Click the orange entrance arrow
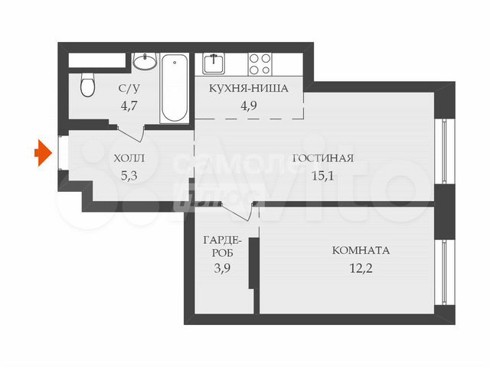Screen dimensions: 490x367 point(43,153)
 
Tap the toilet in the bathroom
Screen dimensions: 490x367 point(87,84)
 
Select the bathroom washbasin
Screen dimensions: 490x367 point(145,61)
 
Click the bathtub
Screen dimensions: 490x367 point(175,88)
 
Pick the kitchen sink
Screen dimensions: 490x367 point(214,63)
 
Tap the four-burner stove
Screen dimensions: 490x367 point(260,64)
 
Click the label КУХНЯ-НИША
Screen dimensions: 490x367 point(248,89)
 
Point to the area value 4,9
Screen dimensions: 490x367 point(249,106)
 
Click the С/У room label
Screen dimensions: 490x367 point(129,89)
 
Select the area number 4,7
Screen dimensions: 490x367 point(129,106)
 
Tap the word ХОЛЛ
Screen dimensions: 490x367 point(129,158)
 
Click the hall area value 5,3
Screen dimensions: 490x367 point(129,176)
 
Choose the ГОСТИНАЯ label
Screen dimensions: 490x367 point(323,158)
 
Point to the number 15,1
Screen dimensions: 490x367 point(323,176)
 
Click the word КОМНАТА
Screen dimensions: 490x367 point(361,250)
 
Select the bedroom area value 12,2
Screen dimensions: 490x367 point(361,268)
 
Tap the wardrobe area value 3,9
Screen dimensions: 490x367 point(223,268)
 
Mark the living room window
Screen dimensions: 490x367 point(445,151)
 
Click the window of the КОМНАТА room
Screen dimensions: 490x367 point(445,272)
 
